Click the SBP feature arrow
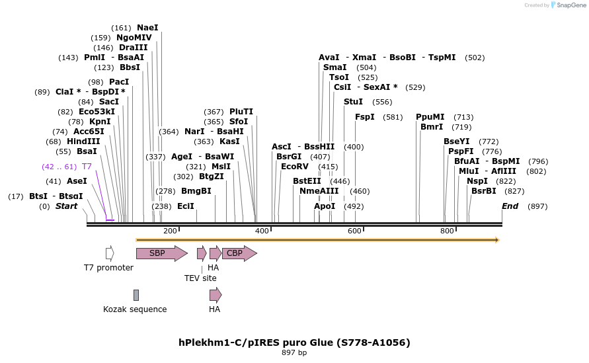(x=162, y=253)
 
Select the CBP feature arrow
(x=240, y=253)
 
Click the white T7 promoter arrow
(x=110, y=253)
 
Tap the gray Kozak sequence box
(x=136, y=295)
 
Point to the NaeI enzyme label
(x=147, y=27)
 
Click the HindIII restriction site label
(x=83, y=141)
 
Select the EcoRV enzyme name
(x=295, y=166)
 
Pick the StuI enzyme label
(x=353, y=101)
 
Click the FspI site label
(x=365, y=117)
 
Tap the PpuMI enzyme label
(x=430, y=117)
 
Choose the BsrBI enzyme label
(x=484, y=191)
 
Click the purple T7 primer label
(x=87, y=167)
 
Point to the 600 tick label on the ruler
(x=354, y=231)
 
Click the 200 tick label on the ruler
(x=170, y=231)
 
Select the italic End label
(x=510, y=206)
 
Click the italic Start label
(x=67, y=206)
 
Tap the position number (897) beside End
(x=537, y=206)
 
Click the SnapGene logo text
(x=571, y=5)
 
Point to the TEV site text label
(x=200, y=278)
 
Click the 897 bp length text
(x=294, y=352)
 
